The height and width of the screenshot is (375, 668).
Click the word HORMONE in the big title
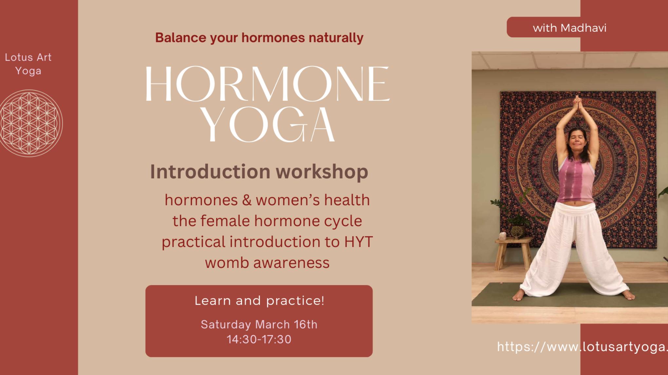click(x=267, y=84)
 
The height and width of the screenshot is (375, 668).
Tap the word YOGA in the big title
click(x=269, y=125)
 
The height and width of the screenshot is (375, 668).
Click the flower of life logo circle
click(x=30, y=123)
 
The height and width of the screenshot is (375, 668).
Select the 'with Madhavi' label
click(x=569, y=28)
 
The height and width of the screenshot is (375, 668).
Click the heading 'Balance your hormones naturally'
click(x=259, y=38)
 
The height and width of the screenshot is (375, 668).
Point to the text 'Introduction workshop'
click(x=259, y=171)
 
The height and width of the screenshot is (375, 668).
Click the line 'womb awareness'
click(x=267, y=262)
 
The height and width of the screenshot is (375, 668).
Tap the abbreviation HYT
click(x=359, y=242)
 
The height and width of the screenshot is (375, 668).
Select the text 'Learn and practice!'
click(x=259, y=300)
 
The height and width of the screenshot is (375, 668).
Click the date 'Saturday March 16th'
click(x=259, y=324)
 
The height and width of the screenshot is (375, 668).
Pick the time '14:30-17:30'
click(x=259, y=339)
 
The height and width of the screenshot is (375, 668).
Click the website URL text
click(x=582, y=347)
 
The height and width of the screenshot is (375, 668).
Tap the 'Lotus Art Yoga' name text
click(x=28, y=64)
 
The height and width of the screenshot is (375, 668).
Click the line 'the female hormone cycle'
click(x=267, y=221)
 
